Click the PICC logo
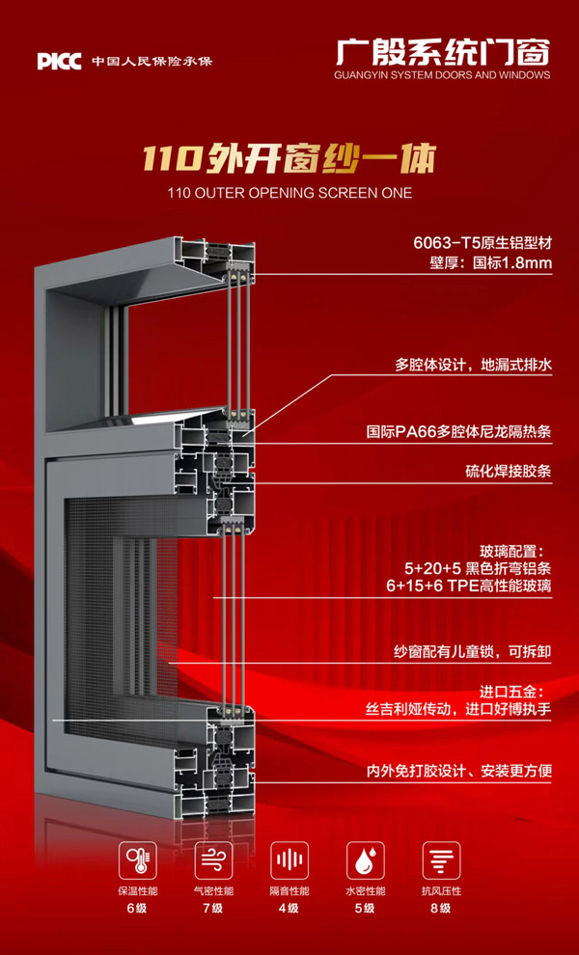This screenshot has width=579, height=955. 60,62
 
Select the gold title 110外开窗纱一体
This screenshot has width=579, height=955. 289,156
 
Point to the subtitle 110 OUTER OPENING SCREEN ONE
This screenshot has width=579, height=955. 289,193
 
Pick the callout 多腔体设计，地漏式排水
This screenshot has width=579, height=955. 473,365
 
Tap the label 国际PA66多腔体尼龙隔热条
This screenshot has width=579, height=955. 459,432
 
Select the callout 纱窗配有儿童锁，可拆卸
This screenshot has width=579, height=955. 474,653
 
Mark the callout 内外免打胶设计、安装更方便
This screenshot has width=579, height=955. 459,771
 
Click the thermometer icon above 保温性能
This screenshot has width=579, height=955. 136,859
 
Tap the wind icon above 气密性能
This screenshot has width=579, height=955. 212,859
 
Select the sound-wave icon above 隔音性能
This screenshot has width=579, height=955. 289,859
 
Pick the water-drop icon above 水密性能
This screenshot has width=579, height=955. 365,859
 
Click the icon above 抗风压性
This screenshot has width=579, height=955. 441,859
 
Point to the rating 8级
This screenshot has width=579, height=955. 441,909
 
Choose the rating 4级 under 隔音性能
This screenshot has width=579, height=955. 289,909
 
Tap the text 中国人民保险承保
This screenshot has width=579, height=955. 152,62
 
